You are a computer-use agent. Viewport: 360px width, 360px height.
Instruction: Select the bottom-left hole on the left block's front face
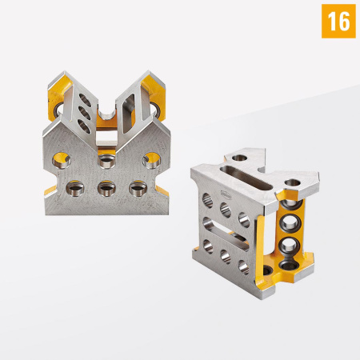pos(74,190)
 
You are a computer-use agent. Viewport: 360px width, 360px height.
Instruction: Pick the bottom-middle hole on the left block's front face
pos(105,190)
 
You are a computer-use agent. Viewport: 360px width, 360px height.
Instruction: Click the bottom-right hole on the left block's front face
pos(135,190)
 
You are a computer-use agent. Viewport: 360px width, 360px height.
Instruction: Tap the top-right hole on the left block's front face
pos(150,161)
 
